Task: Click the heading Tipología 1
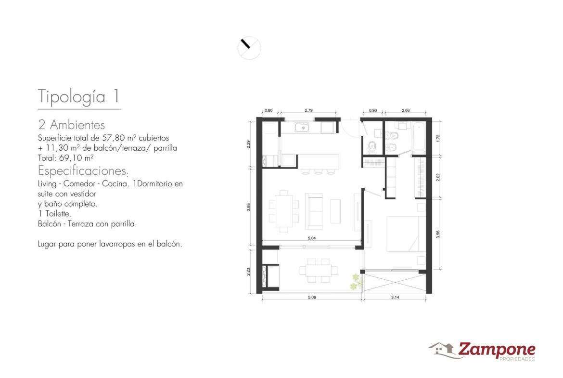(78, 96)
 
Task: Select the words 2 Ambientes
(71, 125)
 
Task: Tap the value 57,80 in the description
(112, 138)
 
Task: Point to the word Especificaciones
(82, 170)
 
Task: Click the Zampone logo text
(497, 349)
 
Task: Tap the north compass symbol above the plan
(249, 48)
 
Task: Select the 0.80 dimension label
(269, 110)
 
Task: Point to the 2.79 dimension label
(308, 110)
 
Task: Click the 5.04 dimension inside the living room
(312, 238)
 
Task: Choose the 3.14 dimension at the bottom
(395, 297)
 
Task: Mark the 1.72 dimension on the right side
(438, 138)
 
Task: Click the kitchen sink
(302, 127)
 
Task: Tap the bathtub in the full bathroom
(419, 137)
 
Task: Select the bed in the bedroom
(402, 234)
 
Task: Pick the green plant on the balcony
(356, 282)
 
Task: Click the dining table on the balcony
(319, 271)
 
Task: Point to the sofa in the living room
(314, 211)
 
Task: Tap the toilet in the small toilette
(372, 146)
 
